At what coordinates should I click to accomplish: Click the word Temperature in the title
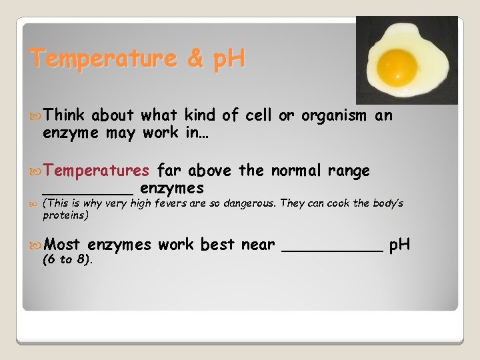click(104, 59)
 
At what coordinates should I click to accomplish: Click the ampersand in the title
click(195, 59)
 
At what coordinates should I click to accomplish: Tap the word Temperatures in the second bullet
click(97, 171)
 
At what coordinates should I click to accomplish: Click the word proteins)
click(65, 215)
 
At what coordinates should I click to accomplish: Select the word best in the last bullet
click(217, 245)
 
